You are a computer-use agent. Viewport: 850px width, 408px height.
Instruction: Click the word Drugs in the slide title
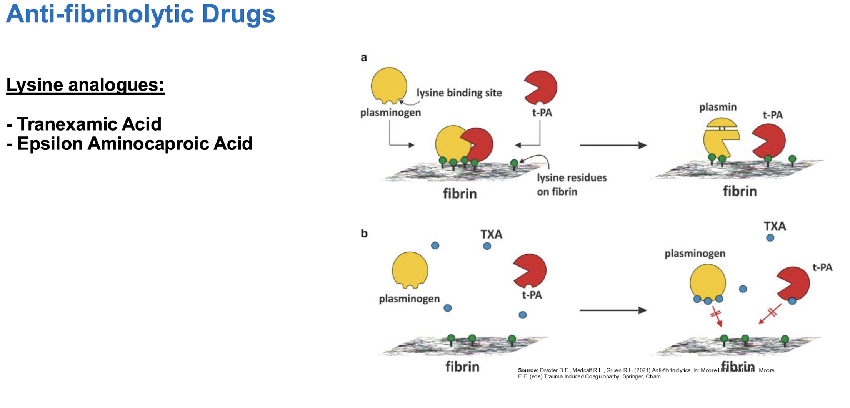coord(238,14)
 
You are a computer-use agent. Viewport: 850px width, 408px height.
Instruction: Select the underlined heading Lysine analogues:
coord(85,85)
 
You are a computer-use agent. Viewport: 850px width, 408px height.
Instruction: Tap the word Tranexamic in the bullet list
coord(70,124)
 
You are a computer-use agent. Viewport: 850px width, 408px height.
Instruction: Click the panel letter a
coord(363,58)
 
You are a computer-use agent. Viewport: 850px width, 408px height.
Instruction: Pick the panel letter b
coord(364,234)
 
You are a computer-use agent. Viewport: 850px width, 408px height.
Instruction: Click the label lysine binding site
coord(459,93)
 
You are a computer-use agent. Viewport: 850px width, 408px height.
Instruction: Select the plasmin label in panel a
coord(717,107)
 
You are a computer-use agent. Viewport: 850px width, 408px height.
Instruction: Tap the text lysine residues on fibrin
coord(571,184)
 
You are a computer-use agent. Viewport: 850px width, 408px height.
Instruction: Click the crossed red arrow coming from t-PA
coord(770,313)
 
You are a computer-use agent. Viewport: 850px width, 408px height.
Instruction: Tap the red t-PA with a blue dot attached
coord(793,284)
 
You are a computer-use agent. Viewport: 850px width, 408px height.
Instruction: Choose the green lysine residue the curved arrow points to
coord(514,164)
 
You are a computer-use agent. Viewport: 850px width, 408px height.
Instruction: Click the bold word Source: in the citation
coord(528,370)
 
